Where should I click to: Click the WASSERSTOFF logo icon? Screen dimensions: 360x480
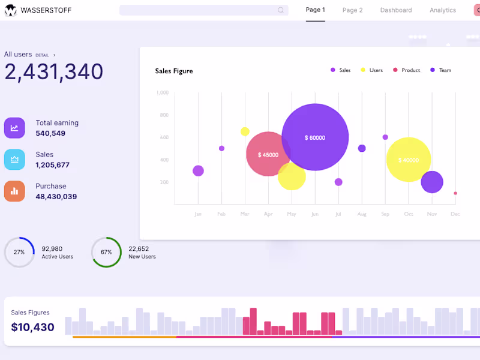(x=11, y=10)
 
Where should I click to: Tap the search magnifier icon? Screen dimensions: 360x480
(x=281, y=10)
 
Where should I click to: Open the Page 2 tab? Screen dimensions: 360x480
(x=352, y=10)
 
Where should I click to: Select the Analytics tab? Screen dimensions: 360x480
(x=442, y=10)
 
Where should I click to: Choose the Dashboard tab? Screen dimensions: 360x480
(x=396, y=10)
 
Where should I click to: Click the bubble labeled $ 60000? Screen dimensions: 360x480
(x=315, y=137)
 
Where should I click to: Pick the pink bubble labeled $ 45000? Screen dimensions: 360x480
(x=268, y=154)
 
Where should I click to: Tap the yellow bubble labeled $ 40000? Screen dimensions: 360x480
(x=408, y=160)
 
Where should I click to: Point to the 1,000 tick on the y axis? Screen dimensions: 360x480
(x=162, y=93)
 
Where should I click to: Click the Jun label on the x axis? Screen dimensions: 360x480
(x=314, y=214)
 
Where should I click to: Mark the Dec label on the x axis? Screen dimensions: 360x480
(x=455, y=214)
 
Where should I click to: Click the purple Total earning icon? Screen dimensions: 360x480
(x=14, y=128)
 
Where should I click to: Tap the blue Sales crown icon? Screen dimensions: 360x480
(x=14, y=160)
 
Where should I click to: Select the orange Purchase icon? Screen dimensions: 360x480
(x=14, y=191)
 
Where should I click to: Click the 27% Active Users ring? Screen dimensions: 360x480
(x=19, y=252)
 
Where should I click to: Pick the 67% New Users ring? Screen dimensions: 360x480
(x=106, y=252)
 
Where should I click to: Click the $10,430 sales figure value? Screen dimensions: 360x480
(x=32, y=328)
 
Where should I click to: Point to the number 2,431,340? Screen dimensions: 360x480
(x=54, y=72)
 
